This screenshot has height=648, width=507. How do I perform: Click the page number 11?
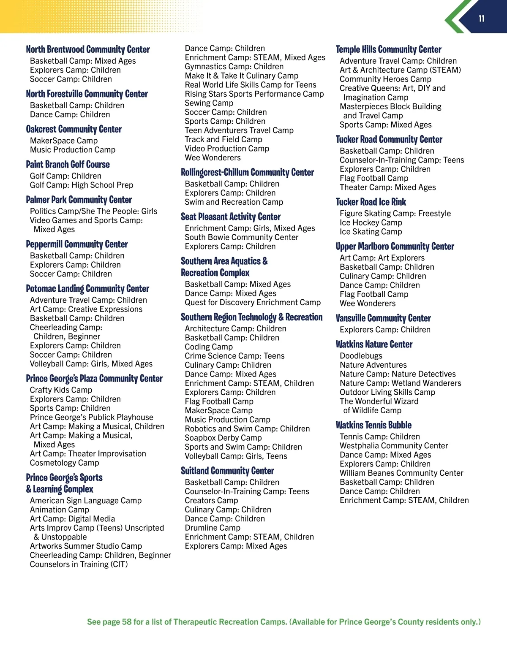[481, 19]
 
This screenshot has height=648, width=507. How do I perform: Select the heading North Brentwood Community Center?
[88, 49]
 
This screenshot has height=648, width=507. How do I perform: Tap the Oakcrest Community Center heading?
[74, 129]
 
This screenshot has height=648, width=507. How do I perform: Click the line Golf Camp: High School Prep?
[82, 185]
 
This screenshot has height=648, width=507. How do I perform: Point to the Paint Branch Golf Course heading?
[68, 165]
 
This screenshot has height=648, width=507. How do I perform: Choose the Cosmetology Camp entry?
[65, 463]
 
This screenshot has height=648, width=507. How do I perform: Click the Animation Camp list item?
[60, 510]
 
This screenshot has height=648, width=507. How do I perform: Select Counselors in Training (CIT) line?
[79, 564]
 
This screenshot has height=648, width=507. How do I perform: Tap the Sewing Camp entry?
[209, 103]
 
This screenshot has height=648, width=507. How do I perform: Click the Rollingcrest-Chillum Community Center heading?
[248, 173]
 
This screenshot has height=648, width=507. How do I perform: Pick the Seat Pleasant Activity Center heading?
[231, 217]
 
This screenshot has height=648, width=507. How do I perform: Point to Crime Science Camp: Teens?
[235, 356]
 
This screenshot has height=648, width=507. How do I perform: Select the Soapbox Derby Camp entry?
[224, 438]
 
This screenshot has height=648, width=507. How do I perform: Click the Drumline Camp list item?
[213, 528]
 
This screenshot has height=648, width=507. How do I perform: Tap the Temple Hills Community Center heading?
[389, 49]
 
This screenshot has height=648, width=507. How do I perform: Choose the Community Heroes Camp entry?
[386, 79]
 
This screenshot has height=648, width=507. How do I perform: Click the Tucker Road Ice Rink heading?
[371, 202]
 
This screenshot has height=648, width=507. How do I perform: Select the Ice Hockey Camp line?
[371, 222]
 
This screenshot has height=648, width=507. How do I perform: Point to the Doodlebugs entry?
[361, 356]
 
